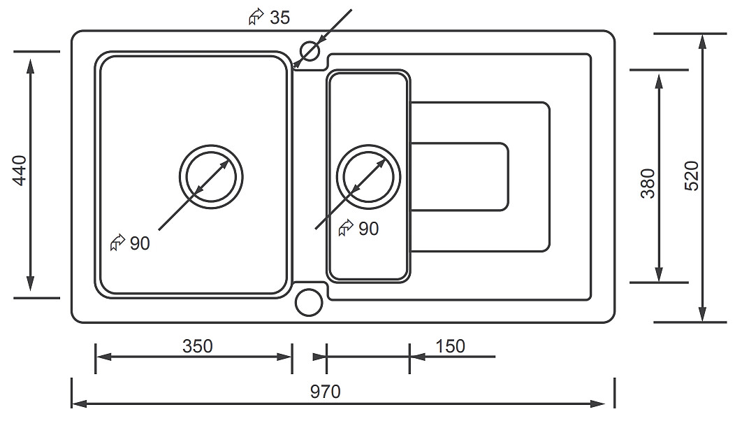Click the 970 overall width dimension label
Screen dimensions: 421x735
coord(326,392)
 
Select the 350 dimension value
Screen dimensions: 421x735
coord(197,345)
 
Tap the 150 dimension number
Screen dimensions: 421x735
coord(450,345)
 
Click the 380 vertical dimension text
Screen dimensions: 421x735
coord(648,183)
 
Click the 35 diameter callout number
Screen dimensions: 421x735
coord(279,18)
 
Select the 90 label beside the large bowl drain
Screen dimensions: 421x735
coord(140,243)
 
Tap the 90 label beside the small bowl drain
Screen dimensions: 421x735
coord(368,229)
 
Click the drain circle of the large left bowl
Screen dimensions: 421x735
coord(212,176)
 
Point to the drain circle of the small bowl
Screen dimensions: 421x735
coord(369,176)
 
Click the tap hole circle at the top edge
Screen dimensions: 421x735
coord(308,51)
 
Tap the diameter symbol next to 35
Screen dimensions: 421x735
coord(256,18)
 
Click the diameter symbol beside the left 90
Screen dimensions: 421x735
coord(117,243)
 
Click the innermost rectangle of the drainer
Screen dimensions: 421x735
coord(459,176)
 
